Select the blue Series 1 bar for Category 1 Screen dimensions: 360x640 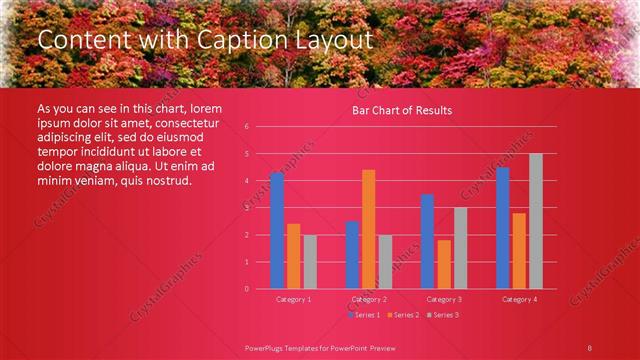[x=277, y=230]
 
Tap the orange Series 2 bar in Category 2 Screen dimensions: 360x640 [x=368, y=229]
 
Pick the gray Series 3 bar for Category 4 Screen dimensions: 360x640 [x=536, y=221]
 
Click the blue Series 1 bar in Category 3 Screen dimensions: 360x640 [x=427, y=241]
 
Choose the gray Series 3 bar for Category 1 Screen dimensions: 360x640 [x=310, y=261]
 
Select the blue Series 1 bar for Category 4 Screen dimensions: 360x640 [x=502, y=228]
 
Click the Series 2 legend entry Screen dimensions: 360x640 [x=401, y=315]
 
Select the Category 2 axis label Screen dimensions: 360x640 [x=369, y=299]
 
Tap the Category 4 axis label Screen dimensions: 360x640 [x=519, y=299]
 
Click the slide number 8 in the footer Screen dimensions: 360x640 [x=590, y=347]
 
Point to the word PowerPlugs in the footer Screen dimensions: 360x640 [x=265, y=347]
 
